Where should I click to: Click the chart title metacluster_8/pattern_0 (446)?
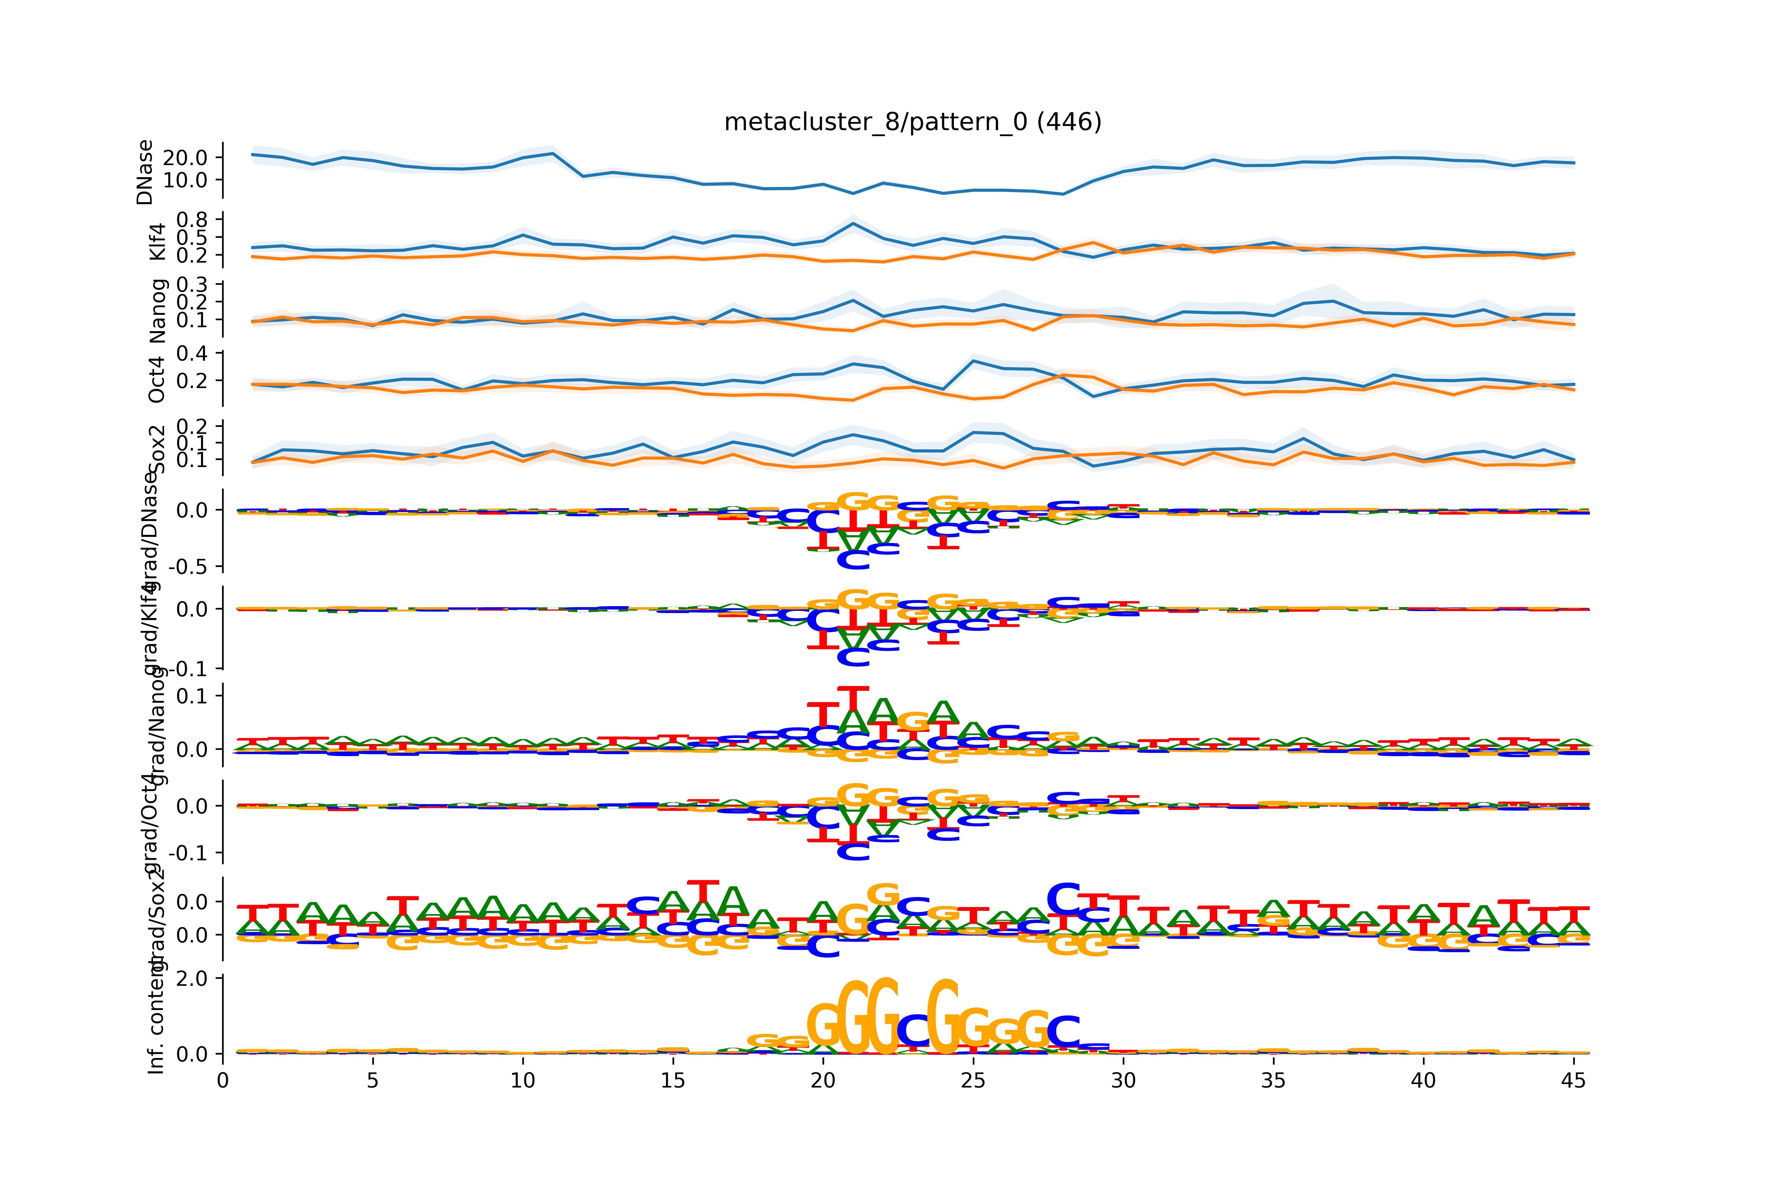912,122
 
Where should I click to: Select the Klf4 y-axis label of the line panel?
157,241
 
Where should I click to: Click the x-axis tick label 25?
973,1080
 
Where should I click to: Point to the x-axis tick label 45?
1573,1080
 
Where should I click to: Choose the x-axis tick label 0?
223,1080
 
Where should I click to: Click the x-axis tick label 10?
523,1080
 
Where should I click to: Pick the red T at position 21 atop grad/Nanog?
853,697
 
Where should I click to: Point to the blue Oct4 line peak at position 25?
974,361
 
